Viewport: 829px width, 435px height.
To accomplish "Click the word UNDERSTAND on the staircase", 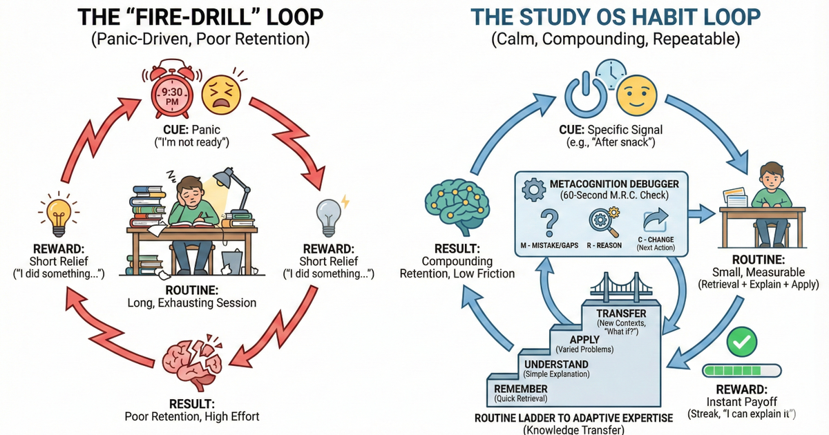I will click(556, 364).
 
